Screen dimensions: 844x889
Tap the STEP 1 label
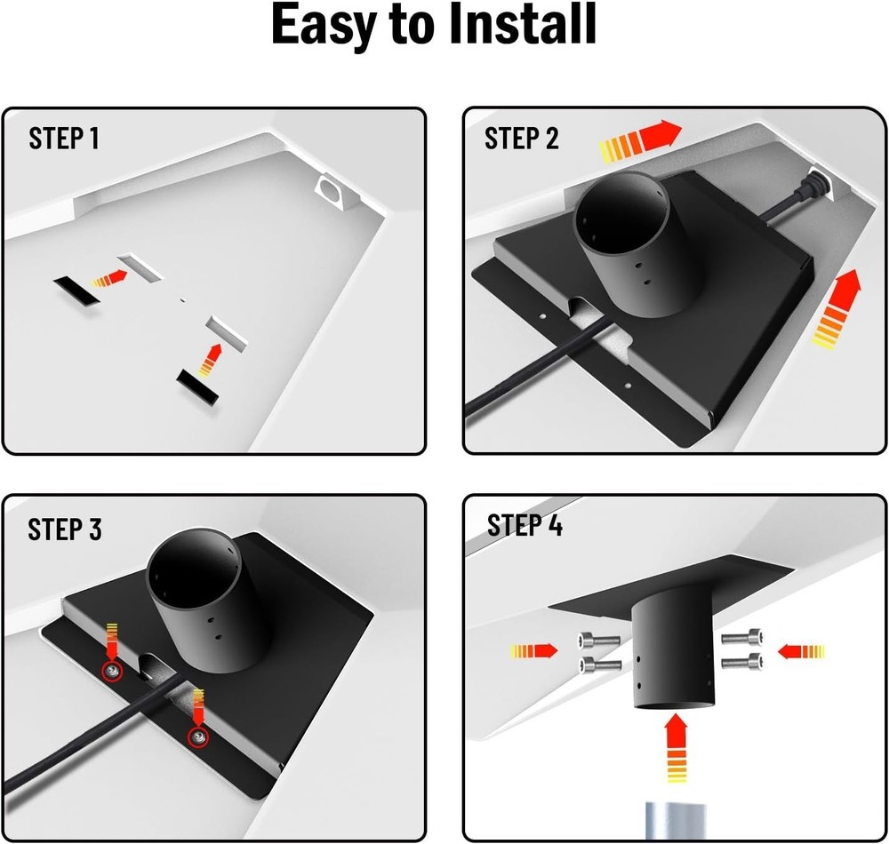coord(64,139)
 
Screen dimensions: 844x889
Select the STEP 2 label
coord(522,139)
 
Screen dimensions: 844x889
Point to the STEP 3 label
coord(65,529)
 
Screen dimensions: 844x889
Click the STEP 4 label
coord(525,526)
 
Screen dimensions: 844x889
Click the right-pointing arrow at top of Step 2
coord(640,141)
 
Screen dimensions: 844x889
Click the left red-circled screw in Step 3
coord(111,672)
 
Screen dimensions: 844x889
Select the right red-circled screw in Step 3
coord(197,736)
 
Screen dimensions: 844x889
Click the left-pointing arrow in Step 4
coord(801,652)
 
